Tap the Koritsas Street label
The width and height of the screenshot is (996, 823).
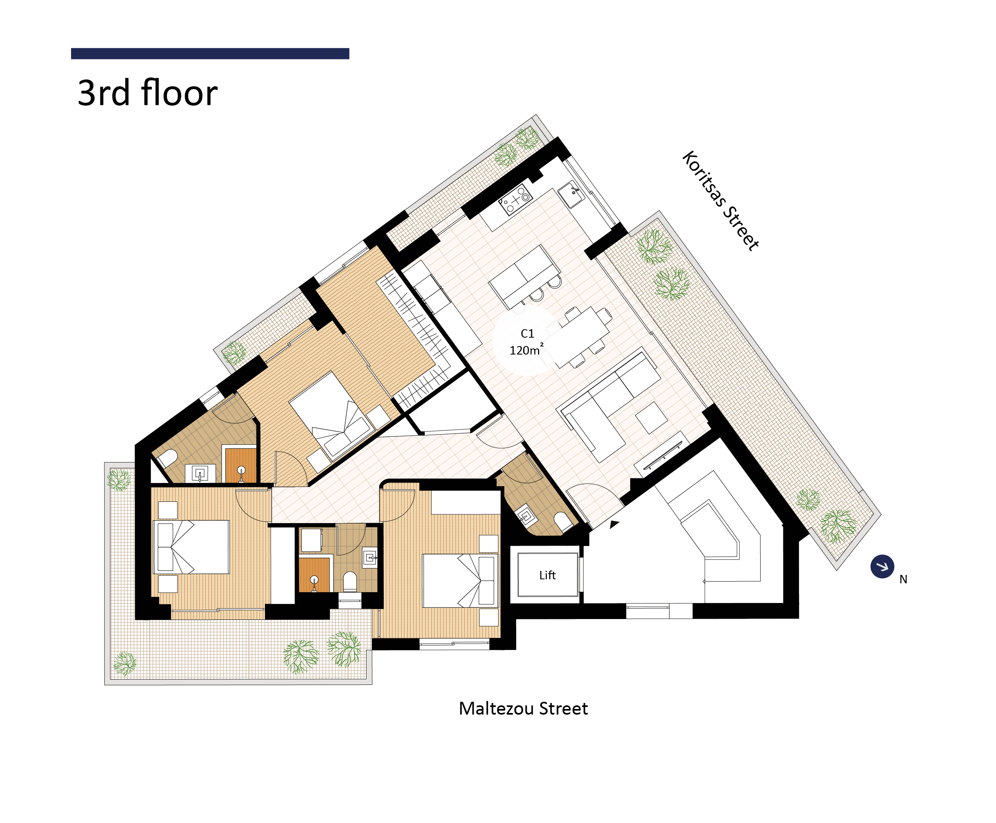click(x=720, y=201)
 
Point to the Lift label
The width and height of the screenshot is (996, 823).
click(x=547, y=575)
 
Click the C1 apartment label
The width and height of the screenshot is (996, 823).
click(x=527, y=334)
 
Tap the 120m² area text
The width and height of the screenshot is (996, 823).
click(x=526, y=350)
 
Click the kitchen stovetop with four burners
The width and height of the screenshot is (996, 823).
click(x=516, y=199)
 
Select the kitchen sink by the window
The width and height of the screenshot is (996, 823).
click(x=571, y=194)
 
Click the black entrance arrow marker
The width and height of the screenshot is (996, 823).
click(x=614, y=524)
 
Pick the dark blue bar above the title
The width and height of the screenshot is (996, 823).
click(x=210, y=53)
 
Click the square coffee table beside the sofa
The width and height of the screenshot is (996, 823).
click(x=652, y=418)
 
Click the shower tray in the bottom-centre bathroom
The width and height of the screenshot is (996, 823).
click(x=314, y=574)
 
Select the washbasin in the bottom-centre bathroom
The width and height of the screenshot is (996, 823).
click(x=370, y=558)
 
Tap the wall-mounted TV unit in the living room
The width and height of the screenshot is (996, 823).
click(x=663, y=454)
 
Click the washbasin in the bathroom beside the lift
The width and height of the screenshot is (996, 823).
click(x=526, y=516)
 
